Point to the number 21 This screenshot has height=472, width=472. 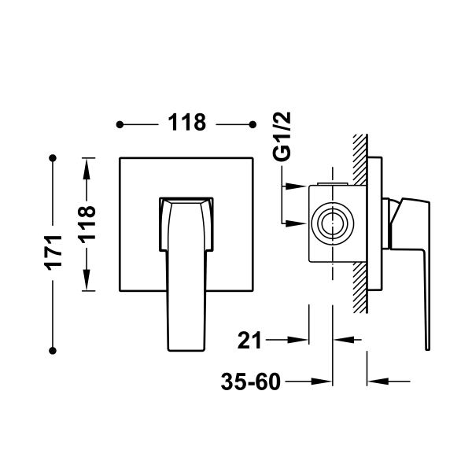249,341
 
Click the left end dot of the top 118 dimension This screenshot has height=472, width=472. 120,124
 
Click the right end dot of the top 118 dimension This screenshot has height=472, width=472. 252,124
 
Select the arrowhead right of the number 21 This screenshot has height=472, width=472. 299,341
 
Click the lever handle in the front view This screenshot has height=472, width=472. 186,267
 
